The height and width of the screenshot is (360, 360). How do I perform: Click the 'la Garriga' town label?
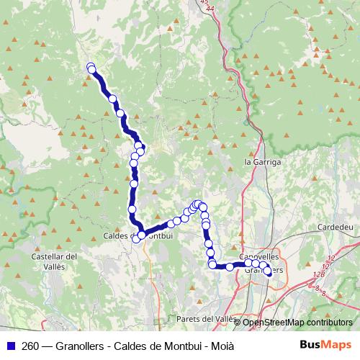[264, 163]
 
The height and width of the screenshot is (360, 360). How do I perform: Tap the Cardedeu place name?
[333, 226]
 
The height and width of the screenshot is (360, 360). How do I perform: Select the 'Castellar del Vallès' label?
[55, 261]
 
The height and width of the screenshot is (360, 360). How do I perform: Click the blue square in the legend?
[10, 346]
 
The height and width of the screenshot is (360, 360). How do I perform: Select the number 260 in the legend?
[30, 346]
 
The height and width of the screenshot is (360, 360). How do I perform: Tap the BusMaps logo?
[326, 345]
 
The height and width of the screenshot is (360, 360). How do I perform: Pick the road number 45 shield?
[205, 3]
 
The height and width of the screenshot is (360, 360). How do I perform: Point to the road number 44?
[208, 9]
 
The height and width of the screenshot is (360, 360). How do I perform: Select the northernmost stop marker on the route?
[91, 67]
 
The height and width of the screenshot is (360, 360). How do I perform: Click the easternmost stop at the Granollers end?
[269, 271]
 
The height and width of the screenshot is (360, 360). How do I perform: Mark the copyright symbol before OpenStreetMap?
[238, 322]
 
